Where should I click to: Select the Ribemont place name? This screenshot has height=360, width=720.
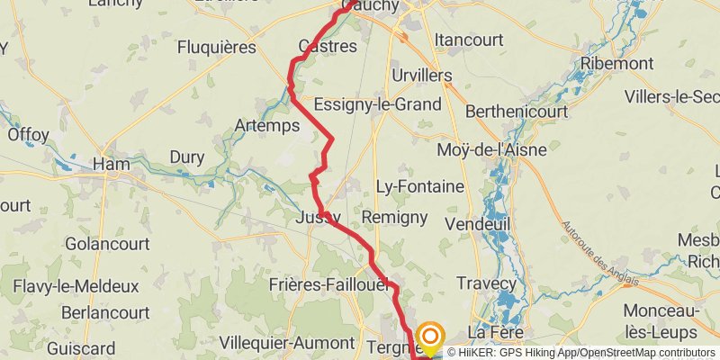(x=616, y=64)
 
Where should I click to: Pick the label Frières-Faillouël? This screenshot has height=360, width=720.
(x=328, y=284)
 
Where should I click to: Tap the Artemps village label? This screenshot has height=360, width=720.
(x=266, y=126)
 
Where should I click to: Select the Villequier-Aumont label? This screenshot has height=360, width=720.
(x=287, y=343)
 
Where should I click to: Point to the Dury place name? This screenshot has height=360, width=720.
(x=187, y=157)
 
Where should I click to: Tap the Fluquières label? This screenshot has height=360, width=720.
(x=217, y=47)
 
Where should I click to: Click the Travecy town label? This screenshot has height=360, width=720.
(x=487, y=283)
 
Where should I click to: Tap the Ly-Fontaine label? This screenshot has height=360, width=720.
(x=419, y=187)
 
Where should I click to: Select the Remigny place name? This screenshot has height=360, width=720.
(x=394, y=217)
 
